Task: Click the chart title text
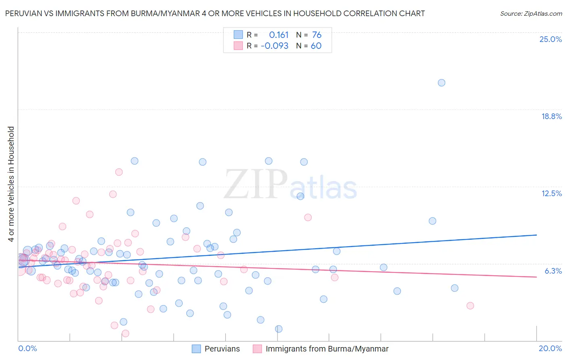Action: click(x=215, y=13)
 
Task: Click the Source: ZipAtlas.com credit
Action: click(x=531, y=13)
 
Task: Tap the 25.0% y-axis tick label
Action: click(x=550, y=39)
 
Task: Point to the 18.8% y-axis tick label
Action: click(x=551, y=116)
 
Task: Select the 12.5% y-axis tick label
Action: click(x=551, y=193)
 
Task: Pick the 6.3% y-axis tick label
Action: click(x=553, y=271)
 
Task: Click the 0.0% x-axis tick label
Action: click(x=27, y=348)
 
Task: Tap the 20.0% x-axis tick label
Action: click(x=550, y=348)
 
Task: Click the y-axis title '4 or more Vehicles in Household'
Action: click(x=11, y=184)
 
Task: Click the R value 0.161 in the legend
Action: click(x=279, y=35)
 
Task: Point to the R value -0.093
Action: click(x=275, y=46)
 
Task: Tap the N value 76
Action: click(x=317, y=35)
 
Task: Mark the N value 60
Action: click(x=316, y=46)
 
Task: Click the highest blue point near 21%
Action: click(x=442, y=83)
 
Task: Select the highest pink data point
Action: click(x=119, y=172)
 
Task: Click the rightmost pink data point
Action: click(x=470, y=306)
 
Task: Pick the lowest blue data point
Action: click(x=279, y=329)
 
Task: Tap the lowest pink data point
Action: click(x=125, y=333)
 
